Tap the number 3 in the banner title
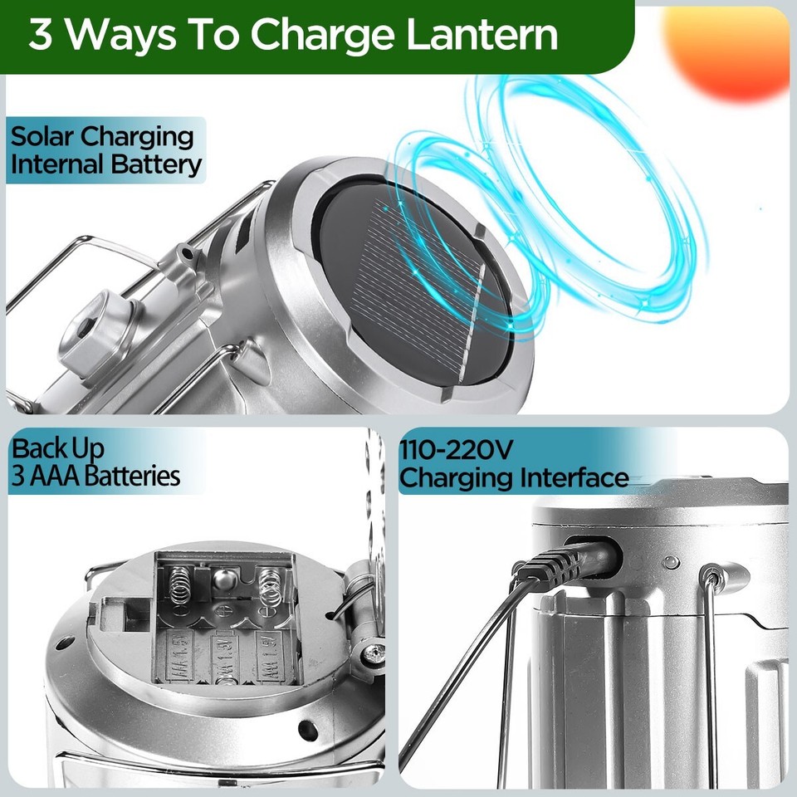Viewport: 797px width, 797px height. [x=39, y=37]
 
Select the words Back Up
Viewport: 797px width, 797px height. [x=58, y=449]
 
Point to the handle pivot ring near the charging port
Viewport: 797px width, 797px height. [x=711, y=576]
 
